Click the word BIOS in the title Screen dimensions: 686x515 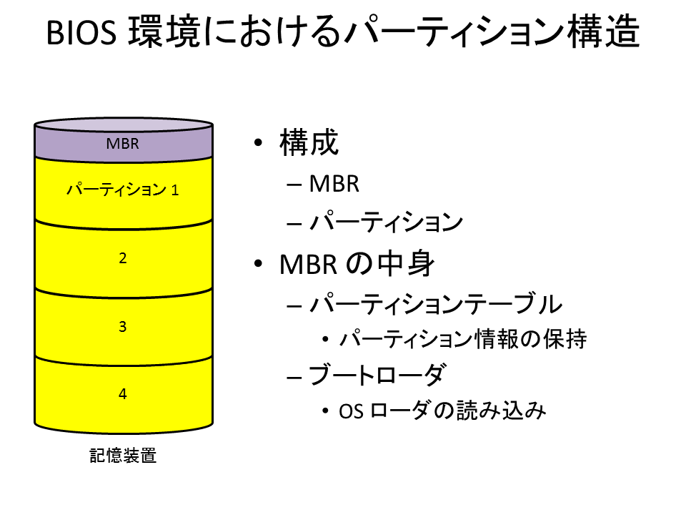(x=81, y=32)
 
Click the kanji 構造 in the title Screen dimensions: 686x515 (x=603, y=31)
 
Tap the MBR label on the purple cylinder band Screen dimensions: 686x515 (x=122, y=144)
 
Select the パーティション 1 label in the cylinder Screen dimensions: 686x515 (x=122, y=190)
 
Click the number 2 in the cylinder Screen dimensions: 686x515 (x=122, y=258)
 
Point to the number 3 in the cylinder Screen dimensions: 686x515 (x=122, y=326)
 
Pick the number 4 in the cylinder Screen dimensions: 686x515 (x=122, y=393)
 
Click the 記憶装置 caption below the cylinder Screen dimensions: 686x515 (x=123, y=456)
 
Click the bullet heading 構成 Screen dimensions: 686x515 (x=309, y=142)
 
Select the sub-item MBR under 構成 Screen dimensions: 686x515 (x=334, y=184)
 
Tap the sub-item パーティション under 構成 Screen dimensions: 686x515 (x=386, y=222)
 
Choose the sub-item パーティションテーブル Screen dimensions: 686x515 (x=436, y=303)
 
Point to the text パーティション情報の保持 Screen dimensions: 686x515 (x=463, y=339)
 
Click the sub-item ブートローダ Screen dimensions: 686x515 (x=377, y=376)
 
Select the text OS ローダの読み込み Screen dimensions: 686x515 (x=442, y=411)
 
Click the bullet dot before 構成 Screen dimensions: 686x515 (x=258, y=142)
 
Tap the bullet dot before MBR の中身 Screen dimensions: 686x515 (x=258, y=264)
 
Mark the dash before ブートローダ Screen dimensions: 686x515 (x=294, y=377)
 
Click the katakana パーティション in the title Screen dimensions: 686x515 (x=454, y=32)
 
